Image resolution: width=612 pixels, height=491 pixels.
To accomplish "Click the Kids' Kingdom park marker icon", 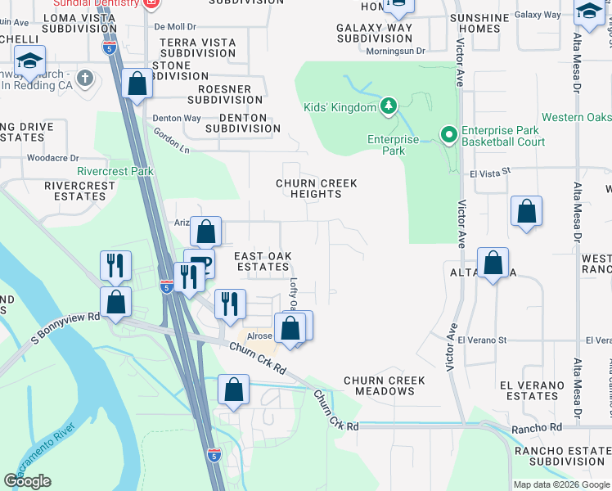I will coord(389,106).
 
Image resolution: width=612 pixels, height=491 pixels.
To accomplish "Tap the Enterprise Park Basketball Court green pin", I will coord(448,135).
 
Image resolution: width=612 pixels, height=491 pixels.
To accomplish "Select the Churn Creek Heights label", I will coord(317,188).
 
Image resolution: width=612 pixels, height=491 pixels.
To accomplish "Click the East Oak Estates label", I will coord(263,261).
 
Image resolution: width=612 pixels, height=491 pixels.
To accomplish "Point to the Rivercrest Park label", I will coord(115,172).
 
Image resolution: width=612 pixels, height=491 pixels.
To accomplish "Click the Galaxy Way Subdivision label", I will coord(375,33).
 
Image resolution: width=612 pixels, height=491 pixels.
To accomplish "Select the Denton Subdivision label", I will coord(243,124).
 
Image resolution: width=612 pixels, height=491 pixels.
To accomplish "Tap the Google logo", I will coord(27,481).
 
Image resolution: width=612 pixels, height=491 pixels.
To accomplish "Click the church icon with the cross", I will coord(84,79).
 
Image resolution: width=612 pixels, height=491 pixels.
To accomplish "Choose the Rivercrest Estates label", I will coord(79,191).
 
